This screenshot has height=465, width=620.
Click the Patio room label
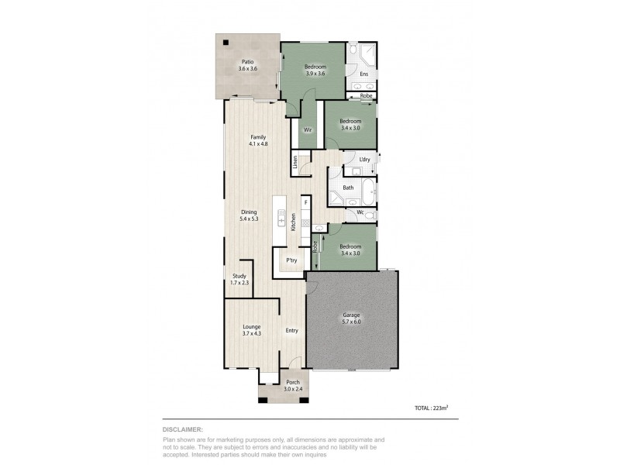click(247, 61)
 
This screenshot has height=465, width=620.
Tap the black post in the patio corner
click(225, 43)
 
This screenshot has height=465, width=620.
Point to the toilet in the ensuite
click(353, 49)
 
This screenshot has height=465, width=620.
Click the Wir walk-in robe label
click(307, 129)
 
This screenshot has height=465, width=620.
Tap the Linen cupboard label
click(295, 163)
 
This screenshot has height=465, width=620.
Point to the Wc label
click(360, 212)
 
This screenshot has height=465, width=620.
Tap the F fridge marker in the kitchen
click(306, 203)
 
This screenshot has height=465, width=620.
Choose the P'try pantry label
click(292, 260)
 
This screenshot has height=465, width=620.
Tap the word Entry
click(291, 331)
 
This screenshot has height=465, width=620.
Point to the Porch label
click(293, 383)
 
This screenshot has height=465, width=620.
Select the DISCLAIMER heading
click(184, 428)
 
